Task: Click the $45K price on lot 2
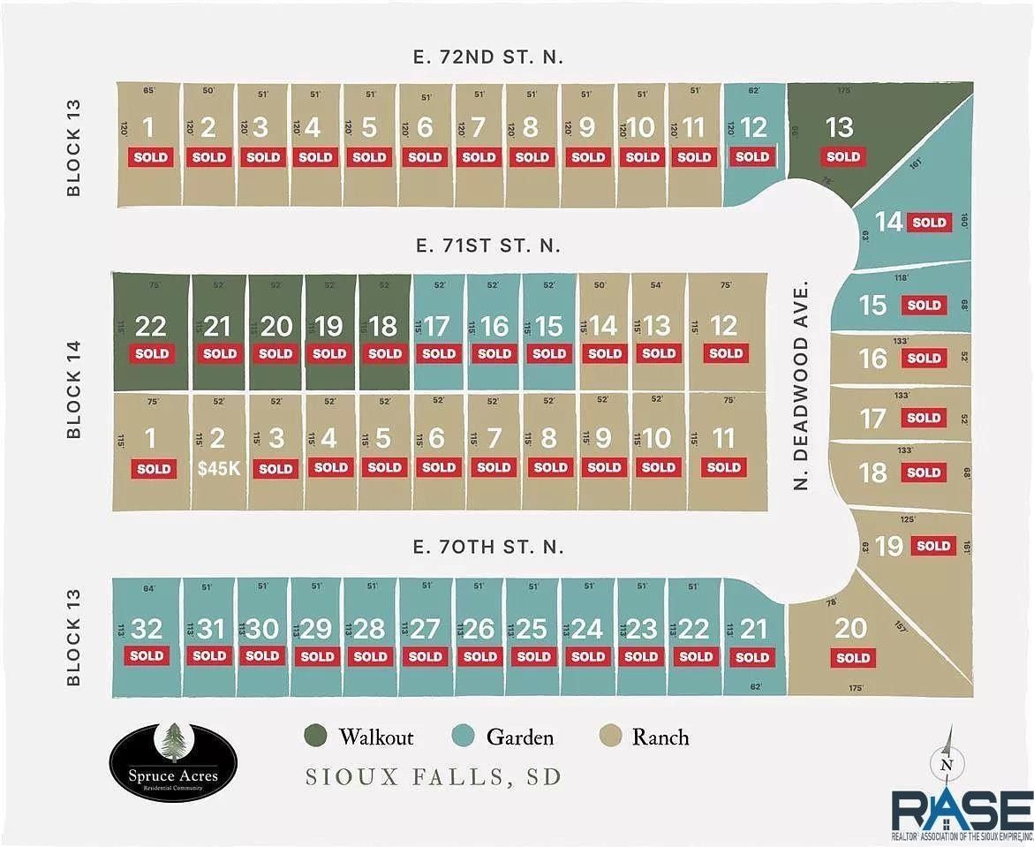(x=218, y=468)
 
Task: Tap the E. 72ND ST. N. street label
(x=487, y=57)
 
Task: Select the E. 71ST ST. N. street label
(x=487, y=246)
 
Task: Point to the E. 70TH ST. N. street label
(x=487, y=548)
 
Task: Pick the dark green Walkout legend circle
(x=315, y=737)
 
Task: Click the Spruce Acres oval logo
(x=174, y=761)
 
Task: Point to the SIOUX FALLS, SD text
(x=434, y=778)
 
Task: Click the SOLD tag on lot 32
(x=147, y=655)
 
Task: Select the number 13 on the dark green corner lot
(x=839, y=127)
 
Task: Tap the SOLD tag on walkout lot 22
(x=151, y=353)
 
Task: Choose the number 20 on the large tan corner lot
(x=851, y=628)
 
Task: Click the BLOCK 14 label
(x=74, y=391)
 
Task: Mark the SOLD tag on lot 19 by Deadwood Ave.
(x=933, y=546)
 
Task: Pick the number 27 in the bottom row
(x=425, y=629)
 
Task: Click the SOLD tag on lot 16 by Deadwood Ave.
(x=924, y=358)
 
